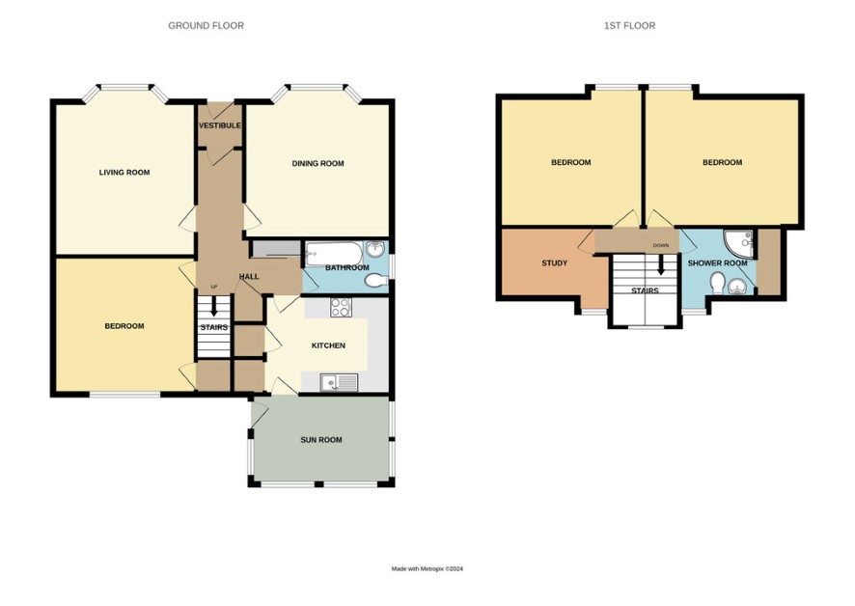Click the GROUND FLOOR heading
tap(206, 26)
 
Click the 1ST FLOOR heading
tap(629, 26)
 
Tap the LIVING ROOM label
tap(124, 173)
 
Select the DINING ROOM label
tap(317, 163)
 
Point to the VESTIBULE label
tap(220, 125)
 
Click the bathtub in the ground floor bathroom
tap(334, 254)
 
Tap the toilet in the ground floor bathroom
tap(375, 281)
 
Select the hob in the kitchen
tap(341, 308)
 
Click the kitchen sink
tap(339, 383)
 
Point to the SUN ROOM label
tap(321, 440)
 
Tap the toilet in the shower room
tap(718, 284)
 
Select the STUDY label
tap(555, 262)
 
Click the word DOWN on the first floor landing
tap(660, 245)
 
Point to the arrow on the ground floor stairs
tap(214, 306)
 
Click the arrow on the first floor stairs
tap(661, 265)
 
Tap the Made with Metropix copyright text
tap(427, 569)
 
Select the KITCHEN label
tap(328, 345)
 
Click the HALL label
tap(249, 277)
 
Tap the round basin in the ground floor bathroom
tap(375, 249)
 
